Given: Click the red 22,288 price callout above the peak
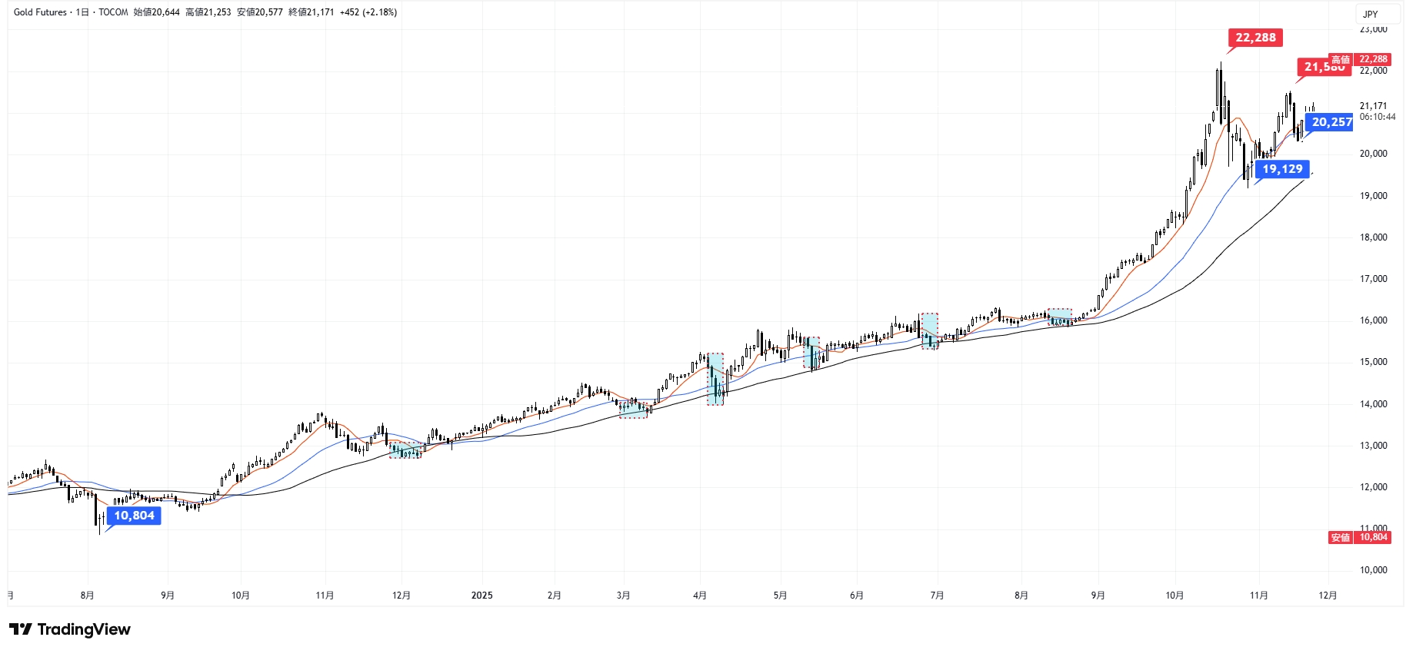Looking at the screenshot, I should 1255,38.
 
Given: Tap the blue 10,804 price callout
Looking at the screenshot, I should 134,516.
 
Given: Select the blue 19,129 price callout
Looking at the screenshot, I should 1282,169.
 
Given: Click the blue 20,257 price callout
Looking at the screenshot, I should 1331,122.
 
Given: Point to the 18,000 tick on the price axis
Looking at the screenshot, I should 1373,237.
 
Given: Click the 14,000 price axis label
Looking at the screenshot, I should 1373,404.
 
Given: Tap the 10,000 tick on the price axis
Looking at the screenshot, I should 1373,570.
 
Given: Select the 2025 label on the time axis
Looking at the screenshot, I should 481,596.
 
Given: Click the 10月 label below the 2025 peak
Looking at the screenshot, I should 1174,596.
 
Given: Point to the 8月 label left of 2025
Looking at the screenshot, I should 87,596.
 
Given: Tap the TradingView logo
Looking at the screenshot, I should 70,629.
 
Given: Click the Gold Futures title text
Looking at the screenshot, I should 40,12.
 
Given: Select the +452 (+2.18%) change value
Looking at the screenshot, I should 368,12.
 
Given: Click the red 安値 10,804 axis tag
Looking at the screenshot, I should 1359,537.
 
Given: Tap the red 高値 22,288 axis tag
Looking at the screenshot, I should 1359,59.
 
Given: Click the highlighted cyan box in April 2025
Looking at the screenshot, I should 715,379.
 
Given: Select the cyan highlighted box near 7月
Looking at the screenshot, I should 930,331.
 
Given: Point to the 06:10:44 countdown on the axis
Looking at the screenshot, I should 1377,117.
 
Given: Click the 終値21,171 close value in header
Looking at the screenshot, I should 311,12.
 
